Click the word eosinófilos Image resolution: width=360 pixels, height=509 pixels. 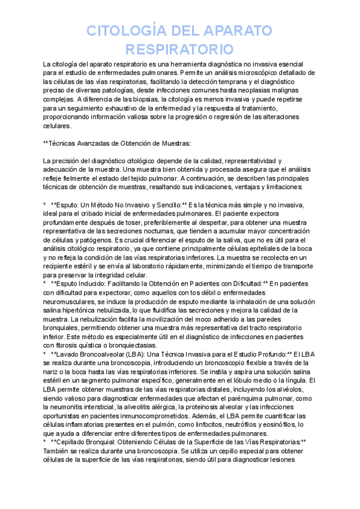[265, 424]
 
